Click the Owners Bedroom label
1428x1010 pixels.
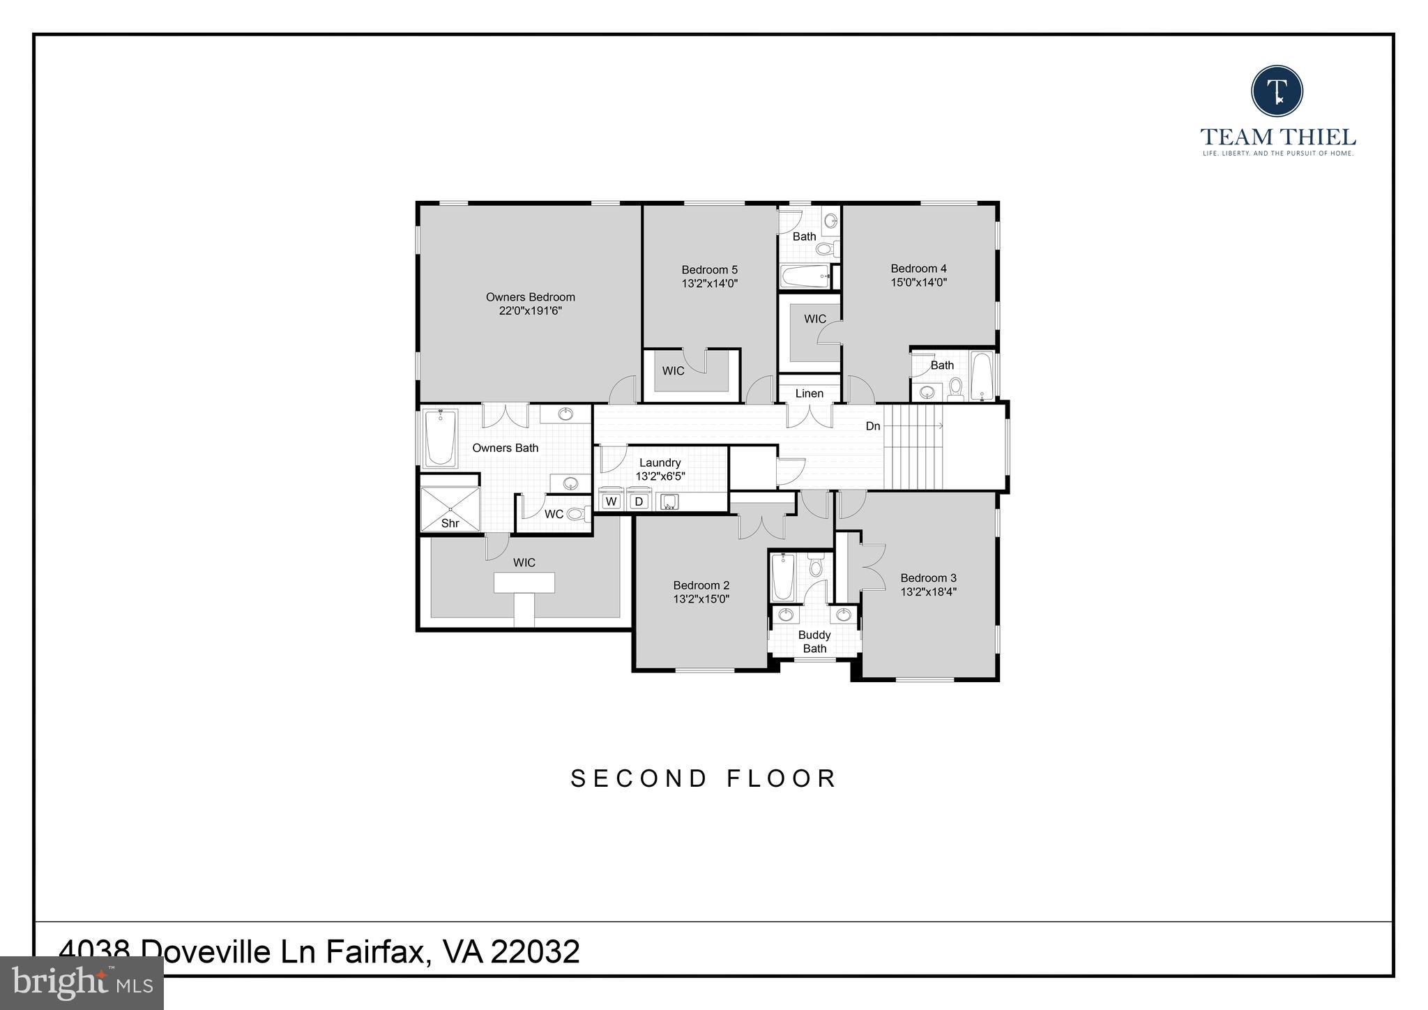[x=530, y=297]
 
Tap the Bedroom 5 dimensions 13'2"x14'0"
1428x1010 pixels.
[x=709, y=283]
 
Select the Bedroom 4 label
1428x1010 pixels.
[x=918, y=269]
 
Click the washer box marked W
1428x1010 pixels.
[x=612, y=501]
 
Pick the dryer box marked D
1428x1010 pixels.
[x=638, y=501]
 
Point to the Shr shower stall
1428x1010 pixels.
[x=450, y=509]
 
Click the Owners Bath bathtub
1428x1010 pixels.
[x=440, y=438]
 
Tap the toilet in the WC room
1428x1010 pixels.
[x=576, y=514]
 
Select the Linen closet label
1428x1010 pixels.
[x=809, y=393]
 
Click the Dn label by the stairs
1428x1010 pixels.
[x=873, y=426]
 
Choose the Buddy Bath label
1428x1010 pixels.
[x=814, y=642]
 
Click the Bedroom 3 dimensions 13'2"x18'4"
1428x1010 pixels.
[x=928, y=591]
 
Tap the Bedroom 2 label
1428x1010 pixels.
[x=701, y=585]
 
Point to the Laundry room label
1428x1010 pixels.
[x=660, y=462]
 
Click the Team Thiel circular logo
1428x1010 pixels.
[x=1277, y=91]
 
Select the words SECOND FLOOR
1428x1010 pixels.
[x=704, y=778]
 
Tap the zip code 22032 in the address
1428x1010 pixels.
[x=535, y=951]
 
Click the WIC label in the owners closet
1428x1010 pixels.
[x=524, y=562]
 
